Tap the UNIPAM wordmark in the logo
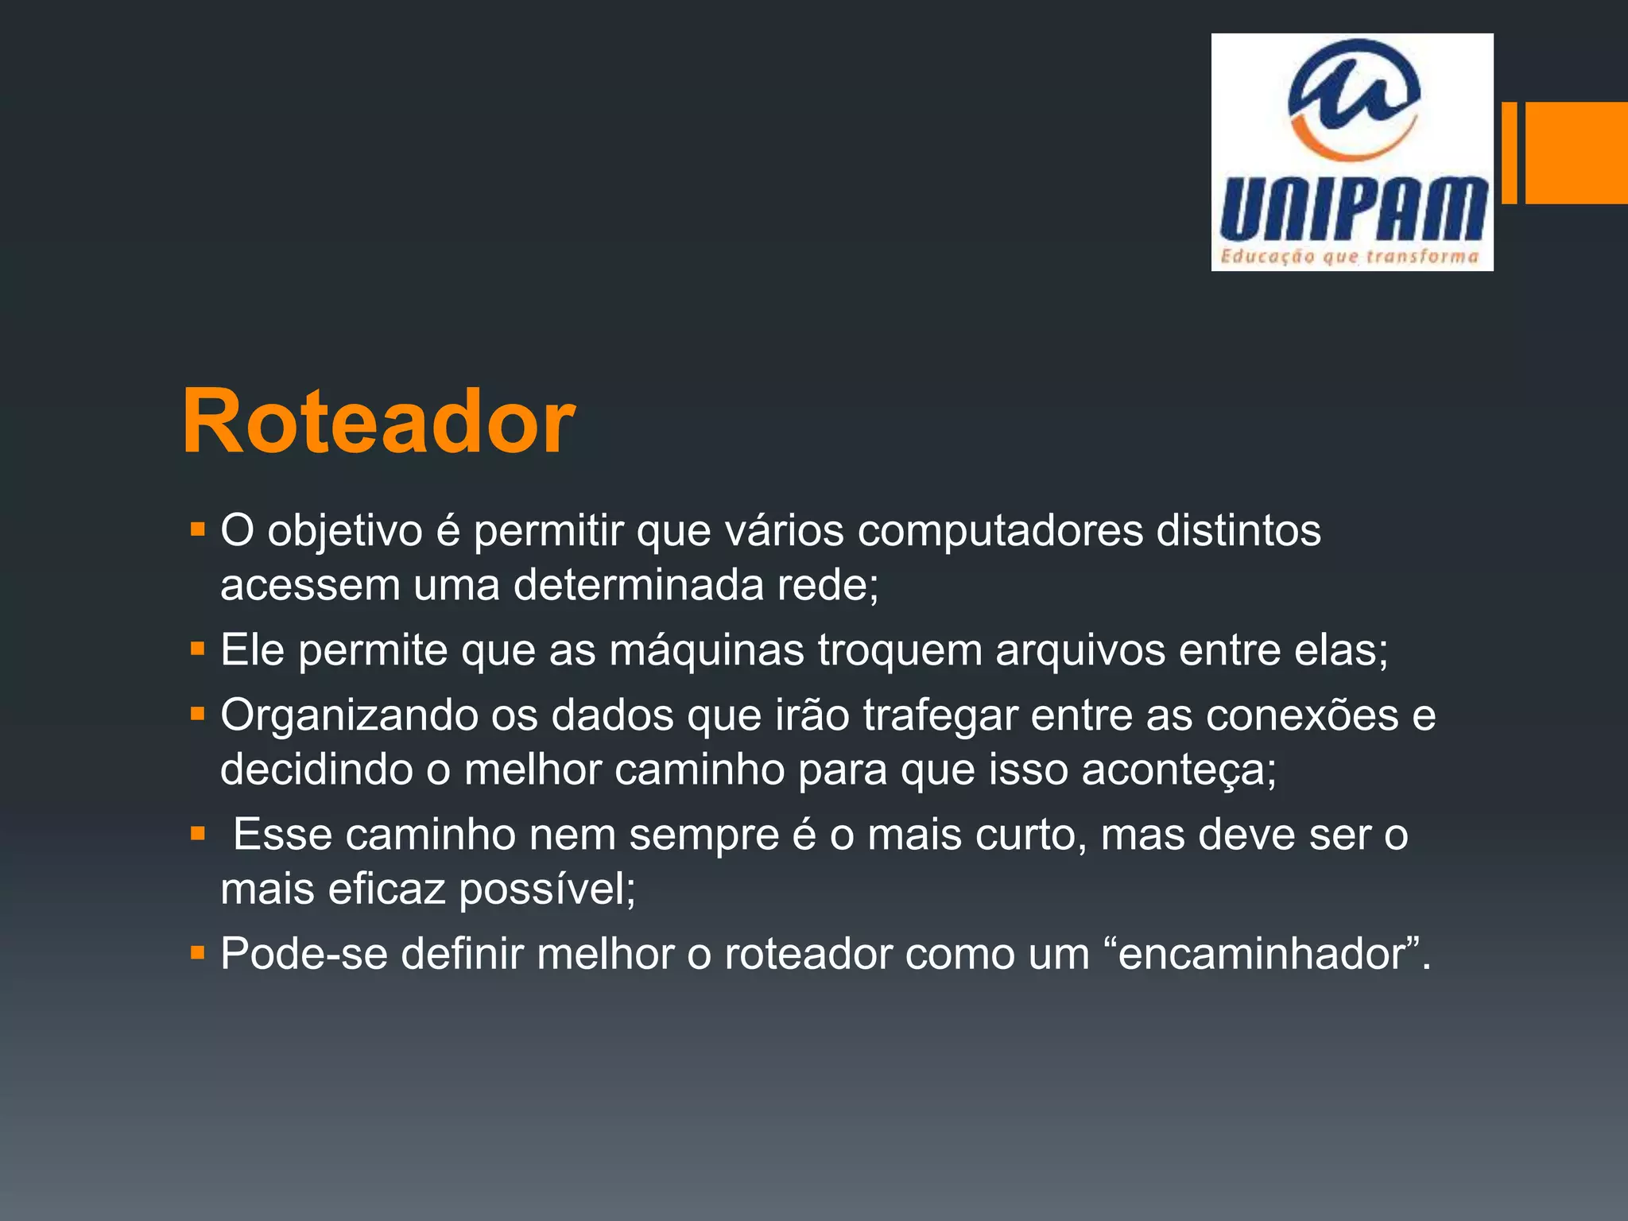[1352, 208]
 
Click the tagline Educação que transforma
[1350, 256]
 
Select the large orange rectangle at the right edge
[1576, 153]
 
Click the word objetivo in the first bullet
[345, 531]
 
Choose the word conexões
[1301, 715]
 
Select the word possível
[548, 889]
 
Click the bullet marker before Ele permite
[198, 649]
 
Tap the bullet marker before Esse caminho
[198, 834]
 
